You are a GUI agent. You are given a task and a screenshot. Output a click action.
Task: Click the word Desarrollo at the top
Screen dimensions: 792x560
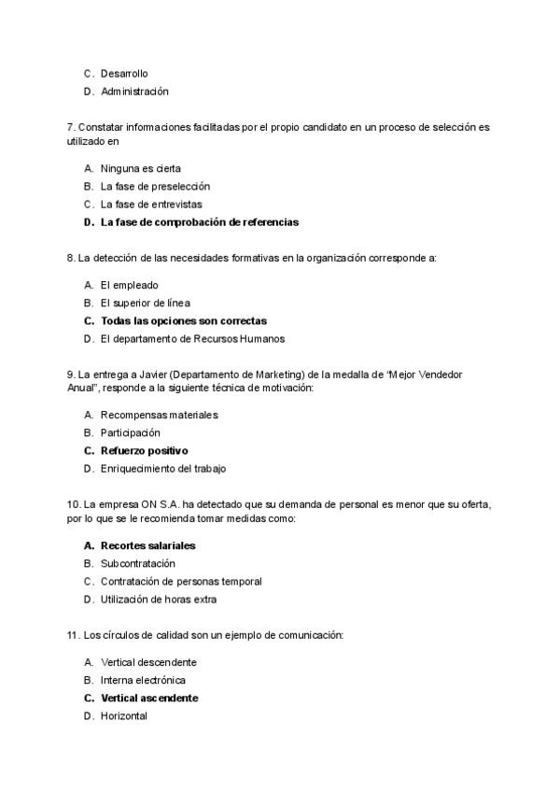[124, 73]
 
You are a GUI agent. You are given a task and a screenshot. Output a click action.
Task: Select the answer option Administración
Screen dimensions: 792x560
[134, 92]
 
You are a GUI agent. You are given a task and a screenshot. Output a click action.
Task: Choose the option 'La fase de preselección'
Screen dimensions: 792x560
[155, 186]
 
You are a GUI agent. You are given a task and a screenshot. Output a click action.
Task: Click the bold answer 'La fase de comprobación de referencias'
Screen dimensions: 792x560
[200, 222]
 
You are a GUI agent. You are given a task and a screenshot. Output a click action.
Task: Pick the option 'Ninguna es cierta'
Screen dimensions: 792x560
[141, 168]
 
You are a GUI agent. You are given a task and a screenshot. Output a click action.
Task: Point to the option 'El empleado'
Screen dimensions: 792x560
[129, 285]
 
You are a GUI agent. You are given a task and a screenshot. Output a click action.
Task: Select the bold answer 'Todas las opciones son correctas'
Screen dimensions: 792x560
[183, 320]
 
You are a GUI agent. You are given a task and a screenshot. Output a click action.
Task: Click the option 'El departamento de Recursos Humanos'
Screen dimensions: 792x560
[192, 339]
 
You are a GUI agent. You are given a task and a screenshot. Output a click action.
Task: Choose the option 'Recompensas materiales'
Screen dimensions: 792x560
[159, 414]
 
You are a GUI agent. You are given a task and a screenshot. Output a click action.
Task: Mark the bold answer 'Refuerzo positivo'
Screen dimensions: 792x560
[144, 450]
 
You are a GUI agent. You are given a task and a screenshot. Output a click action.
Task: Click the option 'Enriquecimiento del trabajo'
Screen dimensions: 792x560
[163, 469]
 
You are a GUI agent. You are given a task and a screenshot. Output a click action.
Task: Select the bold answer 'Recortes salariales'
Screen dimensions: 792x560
[147, 544]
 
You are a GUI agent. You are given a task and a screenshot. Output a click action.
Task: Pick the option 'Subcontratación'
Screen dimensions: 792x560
[137, 563]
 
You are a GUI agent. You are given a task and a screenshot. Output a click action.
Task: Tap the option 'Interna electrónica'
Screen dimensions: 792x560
[143, 680]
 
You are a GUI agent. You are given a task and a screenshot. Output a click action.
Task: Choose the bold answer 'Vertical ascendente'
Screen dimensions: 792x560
[149, 698]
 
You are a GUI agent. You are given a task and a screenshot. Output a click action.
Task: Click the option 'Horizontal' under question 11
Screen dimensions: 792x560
[124, 716]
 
